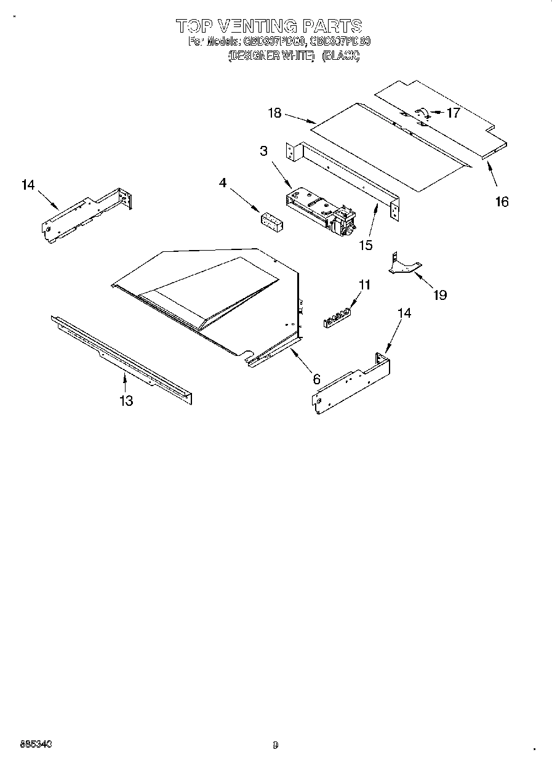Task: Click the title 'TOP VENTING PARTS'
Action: [x=269, y=26]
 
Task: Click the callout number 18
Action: [x=274, y=113]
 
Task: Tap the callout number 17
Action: [x=453, y=113]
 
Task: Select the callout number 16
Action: [x=502, y=201]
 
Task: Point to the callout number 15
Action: [x=366, y=245]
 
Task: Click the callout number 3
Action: [x=263, y=151]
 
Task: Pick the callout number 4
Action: [x=223, y=182]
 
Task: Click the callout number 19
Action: [x=439, y=295]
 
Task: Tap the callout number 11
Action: [x=365, y=285]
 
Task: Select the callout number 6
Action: [x=316, y=379]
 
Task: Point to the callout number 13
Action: [x=126, y=401]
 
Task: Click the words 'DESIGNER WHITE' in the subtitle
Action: [x=271, y=56]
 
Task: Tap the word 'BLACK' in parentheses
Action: [x=340, y=56]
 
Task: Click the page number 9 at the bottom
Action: [x=275, y=745]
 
